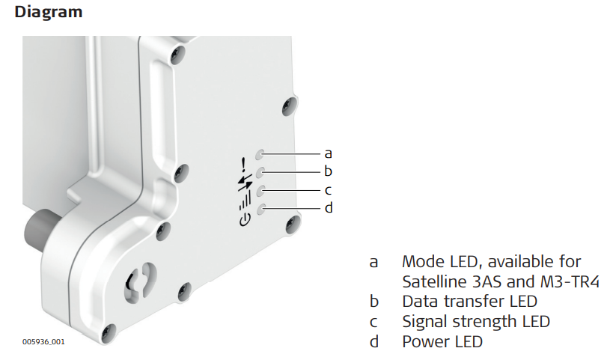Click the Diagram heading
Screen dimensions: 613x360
pos(49,12)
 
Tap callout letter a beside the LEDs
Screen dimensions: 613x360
pos(329,153)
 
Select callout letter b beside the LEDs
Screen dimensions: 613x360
pos(329,171)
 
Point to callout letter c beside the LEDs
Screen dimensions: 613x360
pos(329,190)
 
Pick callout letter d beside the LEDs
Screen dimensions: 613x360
pos(329,207)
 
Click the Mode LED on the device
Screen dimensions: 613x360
pos(260,154)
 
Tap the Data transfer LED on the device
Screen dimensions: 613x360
pos(260,172)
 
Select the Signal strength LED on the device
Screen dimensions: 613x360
pos(261,191)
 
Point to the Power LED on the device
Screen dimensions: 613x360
pos(261,209)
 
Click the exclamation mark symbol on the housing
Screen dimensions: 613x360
pos(243,165)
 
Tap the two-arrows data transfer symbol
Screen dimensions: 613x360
pos(245,183)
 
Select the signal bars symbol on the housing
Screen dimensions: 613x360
pos(245,201)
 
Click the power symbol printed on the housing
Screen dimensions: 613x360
pos(244,220)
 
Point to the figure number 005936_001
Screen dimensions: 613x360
pos(43,341)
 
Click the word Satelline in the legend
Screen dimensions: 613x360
pos(435,281)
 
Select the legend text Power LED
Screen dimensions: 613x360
pos(442,341)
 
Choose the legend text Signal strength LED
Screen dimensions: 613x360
pos(476,322)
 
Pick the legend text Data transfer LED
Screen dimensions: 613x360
pos(469,302)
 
